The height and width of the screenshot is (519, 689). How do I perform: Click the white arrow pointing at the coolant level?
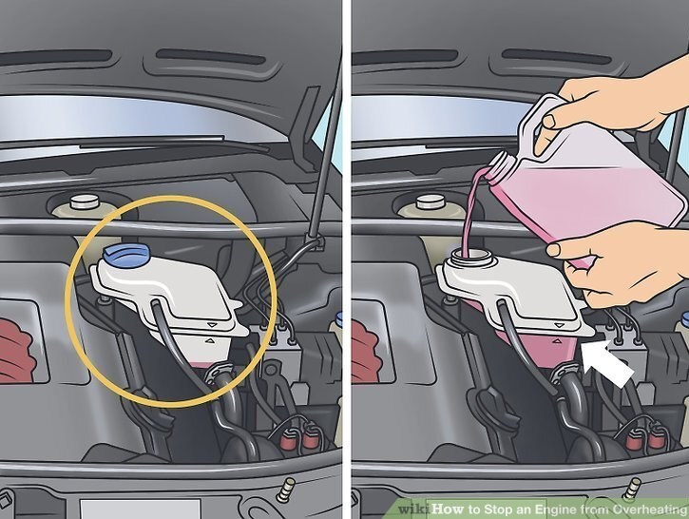pyautogui.click(x=606, y=362)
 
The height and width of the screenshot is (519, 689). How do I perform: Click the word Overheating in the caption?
pyautogui.click(x=650, y=509)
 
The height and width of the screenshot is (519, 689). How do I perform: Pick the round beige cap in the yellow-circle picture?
pyautogui.click(x=83, y=202)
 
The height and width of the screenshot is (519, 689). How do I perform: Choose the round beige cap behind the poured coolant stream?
pyautogui.click(x=430, y=202)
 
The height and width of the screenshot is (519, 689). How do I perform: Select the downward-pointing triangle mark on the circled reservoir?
pyautogui.click(x=213, y=325)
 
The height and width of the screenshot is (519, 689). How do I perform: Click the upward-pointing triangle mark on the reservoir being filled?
pyautogui.click(x=558, y=340)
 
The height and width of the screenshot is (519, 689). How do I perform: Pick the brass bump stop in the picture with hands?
pyautogui.click(x=632, y=488)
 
